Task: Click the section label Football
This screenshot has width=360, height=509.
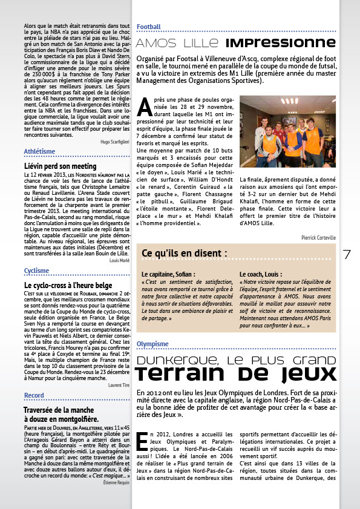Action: (149, 27)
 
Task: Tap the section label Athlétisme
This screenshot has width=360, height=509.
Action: (40, 151)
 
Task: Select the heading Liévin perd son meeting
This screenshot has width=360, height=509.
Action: (60, 165)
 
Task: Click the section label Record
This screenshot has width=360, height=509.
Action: (34, 395)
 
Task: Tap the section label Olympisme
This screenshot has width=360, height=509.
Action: (152, 344)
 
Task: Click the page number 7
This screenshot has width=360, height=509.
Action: (347, 254)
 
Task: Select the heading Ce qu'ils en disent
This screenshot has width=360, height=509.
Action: (185, 252)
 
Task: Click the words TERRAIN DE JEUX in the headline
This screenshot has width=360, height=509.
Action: (237, 375)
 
